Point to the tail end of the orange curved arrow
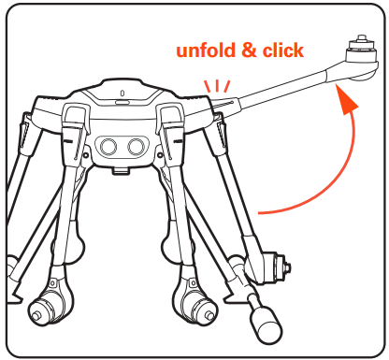point(263,211)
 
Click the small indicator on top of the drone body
point(124,93)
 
